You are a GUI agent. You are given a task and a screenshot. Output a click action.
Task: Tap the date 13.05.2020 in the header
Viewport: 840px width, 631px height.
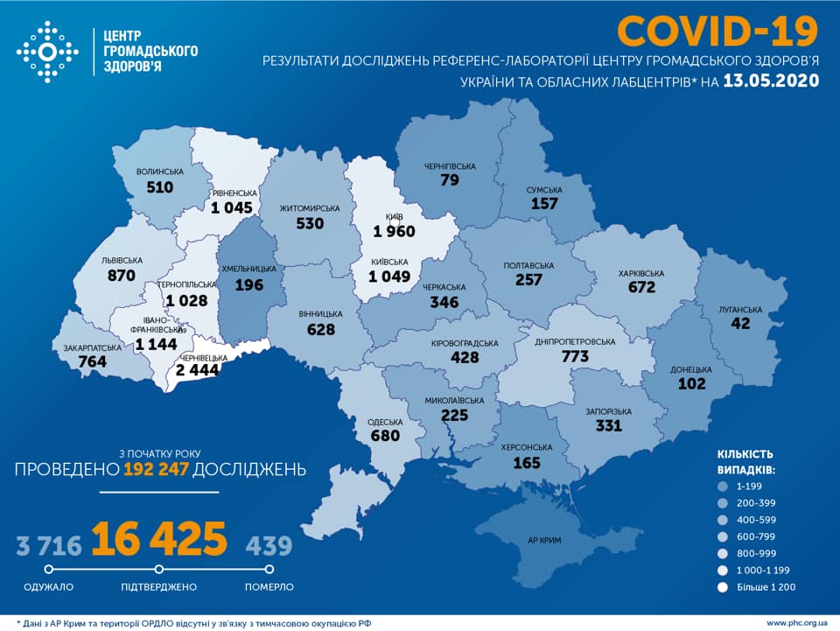tap(771, 81)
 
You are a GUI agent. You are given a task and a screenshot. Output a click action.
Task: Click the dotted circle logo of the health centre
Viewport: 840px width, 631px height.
tap(47, 52)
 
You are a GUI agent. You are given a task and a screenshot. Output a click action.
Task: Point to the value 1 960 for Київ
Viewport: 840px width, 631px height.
tap(393, 232)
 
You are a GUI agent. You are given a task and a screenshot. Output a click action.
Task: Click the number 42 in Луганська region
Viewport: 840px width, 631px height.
tap(742, 323)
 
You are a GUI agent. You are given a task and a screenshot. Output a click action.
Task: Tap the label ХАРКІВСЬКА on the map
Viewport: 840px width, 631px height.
tap(640, 274)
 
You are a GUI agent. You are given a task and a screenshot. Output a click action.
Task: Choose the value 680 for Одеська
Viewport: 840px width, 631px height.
tap(384, 436)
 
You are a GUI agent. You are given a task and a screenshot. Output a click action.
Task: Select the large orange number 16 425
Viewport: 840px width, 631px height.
tap(158, 539)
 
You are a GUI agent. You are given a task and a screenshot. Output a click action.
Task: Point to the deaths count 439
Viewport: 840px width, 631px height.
tap(268, 547)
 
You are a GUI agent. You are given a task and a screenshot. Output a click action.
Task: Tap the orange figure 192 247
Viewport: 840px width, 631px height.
tap(156, 469)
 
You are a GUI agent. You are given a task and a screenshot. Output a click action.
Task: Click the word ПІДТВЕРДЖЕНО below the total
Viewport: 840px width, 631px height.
tap(158, 586)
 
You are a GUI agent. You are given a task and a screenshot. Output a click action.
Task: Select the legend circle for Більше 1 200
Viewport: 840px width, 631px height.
tap(723, 586)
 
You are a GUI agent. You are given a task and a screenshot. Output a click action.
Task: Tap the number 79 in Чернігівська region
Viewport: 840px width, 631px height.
tap(451, 180)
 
